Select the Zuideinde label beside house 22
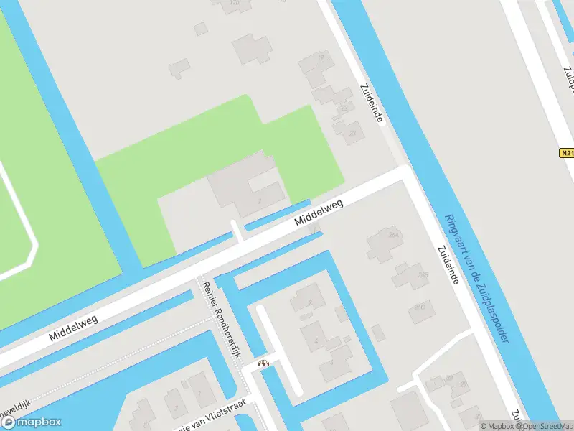coord(371,103)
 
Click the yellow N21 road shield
coord(566,153)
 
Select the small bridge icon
coord(264,363)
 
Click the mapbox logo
coord(34,422)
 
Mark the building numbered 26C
coord(420,312)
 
